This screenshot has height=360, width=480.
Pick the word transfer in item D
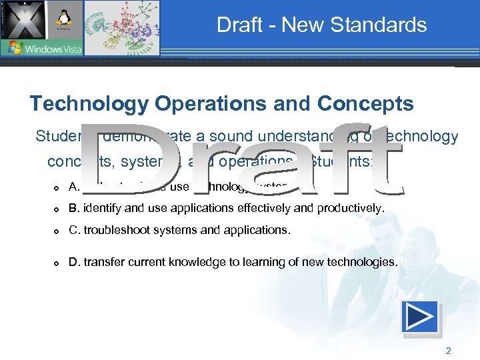(x=99, y=263)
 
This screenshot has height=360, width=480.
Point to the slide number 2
(x=448, y=349)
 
